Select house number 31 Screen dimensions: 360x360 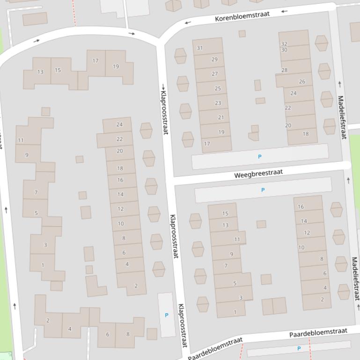200,48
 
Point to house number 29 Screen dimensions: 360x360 214,59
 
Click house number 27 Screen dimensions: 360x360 214,74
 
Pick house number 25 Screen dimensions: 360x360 218,88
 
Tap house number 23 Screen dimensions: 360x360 218,103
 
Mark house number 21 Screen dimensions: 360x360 221,117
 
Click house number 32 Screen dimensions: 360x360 284,44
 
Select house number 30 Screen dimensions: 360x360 284,50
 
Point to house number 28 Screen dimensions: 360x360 284,70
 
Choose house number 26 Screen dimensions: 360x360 302,81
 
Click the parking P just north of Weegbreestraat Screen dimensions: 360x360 260,157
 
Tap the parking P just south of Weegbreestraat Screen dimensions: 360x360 263,190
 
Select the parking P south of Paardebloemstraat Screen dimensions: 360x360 299,348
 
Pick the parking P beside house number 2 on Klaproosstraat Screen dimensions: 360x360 166,315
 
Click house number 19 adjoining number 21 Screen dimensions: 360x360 221,132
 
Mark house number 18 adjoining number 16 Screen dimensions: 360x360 120,168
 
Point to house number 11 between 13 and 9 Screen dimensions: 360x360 237,239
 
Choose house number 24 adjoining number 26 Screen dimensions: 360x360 293,93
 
